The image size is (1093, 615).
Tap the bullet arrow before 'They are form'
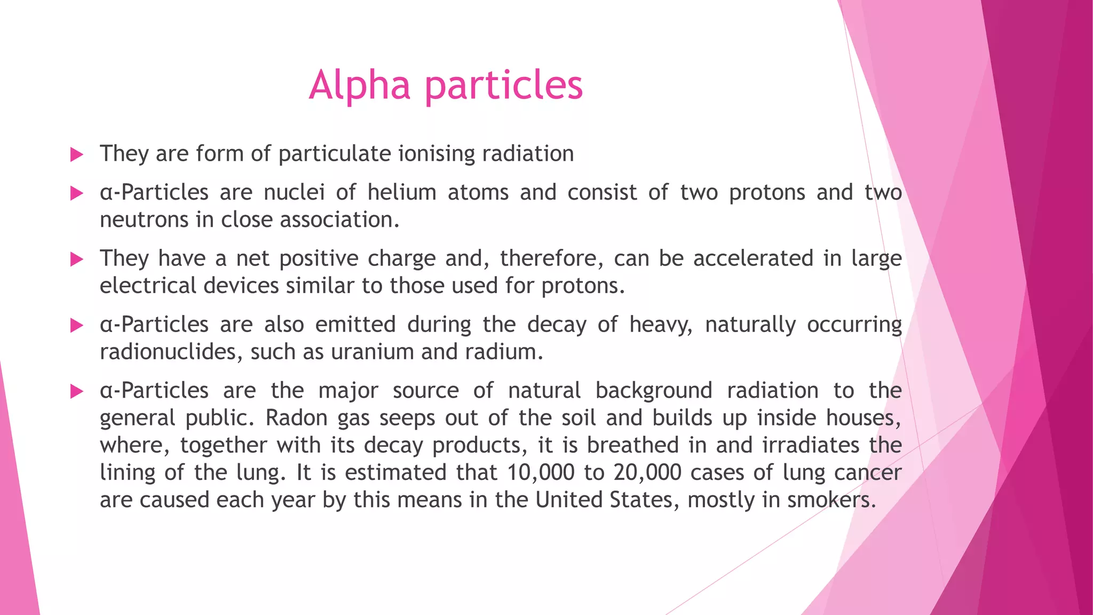click(x=77, y=155)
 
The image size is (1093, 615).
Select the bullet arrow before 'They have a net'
click(x=77, y=259)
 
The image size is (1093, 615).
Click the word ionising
click(x=437, y=154)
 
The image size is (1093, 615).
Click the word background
click(x=653, y=391)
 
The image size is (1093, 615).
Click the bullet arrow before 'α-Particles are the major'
click(x=77, y=392)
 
